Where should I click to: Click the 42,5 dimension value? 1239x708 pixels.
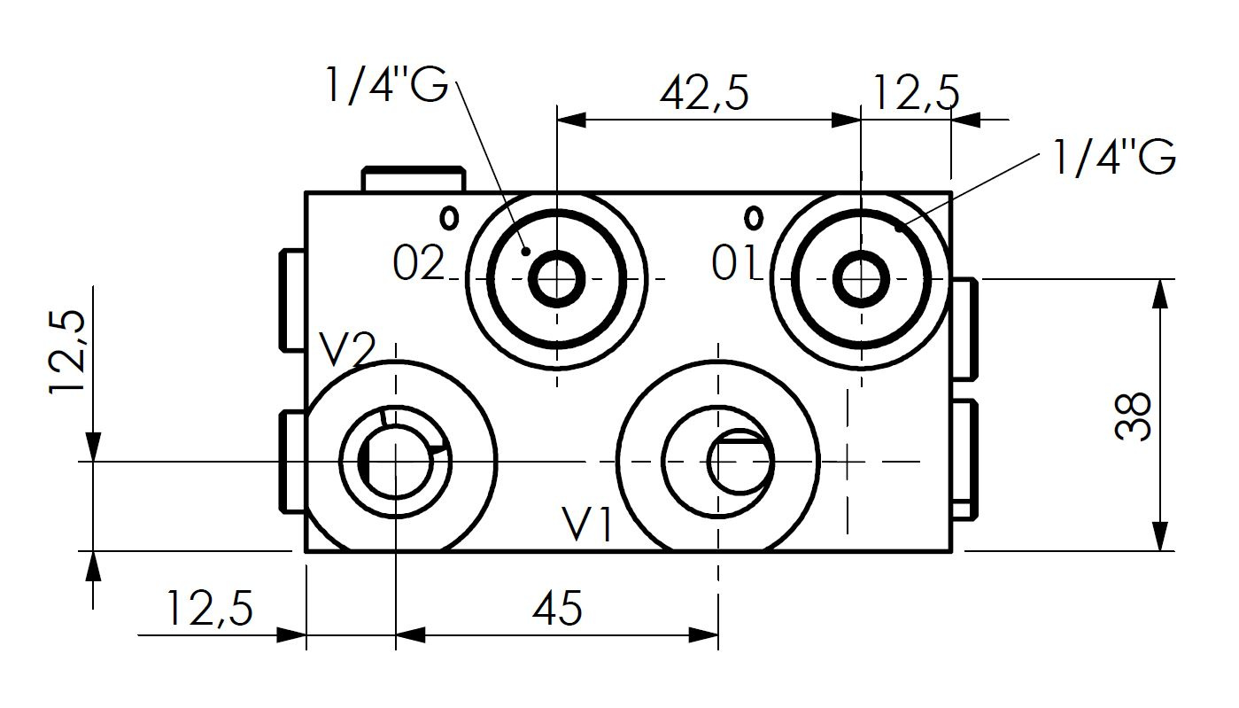(x=704, y=93)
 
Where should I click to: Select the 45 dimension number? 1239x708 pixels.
(x=558, y=608)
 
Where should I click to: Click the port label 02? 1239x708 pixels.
(x=418, y=263)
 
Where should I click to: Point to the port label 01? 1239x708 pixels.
(x=734, y=263)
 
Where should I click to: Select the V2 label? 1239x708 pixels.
(x=348, y=349)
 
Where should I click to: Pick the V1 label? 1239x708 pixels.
(x=587, y=524)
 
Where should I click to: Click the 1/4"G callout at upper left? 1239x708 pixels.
(x=387, y=85)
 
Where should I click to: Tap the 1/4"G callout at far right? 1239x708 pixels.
(x=1114, y=158)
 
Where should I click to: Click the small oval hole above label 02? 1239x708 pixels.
(x=449, y=218)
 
